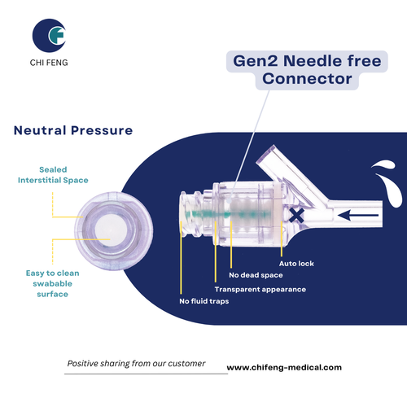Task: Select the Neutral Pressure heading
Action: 73,129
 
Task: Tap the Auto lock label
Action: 295,263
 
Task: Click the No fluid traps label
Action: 205,302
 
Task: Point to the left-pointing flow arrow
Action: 358,216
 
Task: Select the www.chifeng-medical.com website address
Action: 284,367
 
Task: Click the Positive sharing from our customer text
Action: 136,363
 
